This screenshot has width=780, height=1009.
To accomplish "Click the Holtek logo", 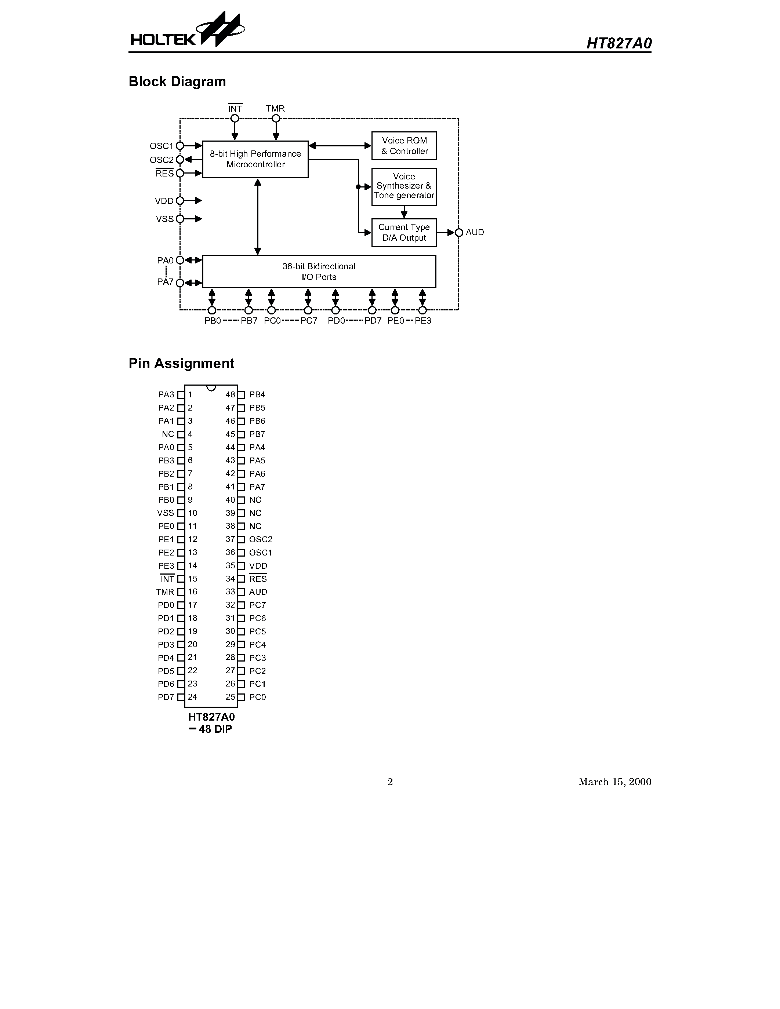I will [187, 32].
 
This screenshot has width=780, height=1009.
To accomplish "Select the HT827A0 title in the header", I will [619, 43].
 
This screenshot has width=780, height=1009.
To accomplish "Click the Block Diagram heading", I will [177, 82].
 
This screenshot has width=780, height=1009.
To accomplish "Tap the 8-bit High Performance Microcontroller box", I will [255, 159].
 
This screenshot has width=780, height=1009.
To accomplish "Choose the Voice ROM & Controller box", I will [404, 146].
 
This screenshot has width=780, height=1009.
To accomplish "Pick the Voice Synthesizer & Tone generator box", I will [404, 186].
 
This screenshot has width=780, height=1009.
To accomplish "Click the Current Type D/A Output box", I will [404, 232].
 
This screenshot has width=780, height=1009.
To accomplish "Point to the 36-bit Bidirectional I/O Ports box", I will [319, 272].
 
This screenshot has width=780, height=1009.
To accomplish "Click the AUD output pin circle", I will [459, 232].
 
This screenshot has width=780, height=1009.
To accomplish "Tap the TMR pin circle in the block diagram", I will [276, 118].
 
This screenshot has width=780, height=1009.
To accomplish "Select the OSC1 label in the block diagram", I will [161, 146].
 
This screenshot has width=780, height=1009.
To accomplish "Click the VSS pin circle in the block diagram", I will [180, 219].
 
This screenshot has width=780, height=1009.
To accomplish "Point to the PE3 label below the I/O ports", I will [423, 321].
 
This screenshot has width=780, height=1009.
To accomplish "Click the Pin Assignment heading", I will [181, 364].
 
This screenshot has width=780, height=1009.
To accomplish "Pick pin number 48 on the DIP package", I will [230, 394].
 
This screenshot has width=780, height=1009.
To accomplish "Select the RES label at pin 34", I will [258, 579].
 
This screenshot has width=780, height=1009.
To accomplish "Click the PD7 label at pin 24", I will [166, 697].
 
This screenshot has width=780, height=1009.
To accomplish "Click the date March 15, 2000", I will [614, 782].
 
